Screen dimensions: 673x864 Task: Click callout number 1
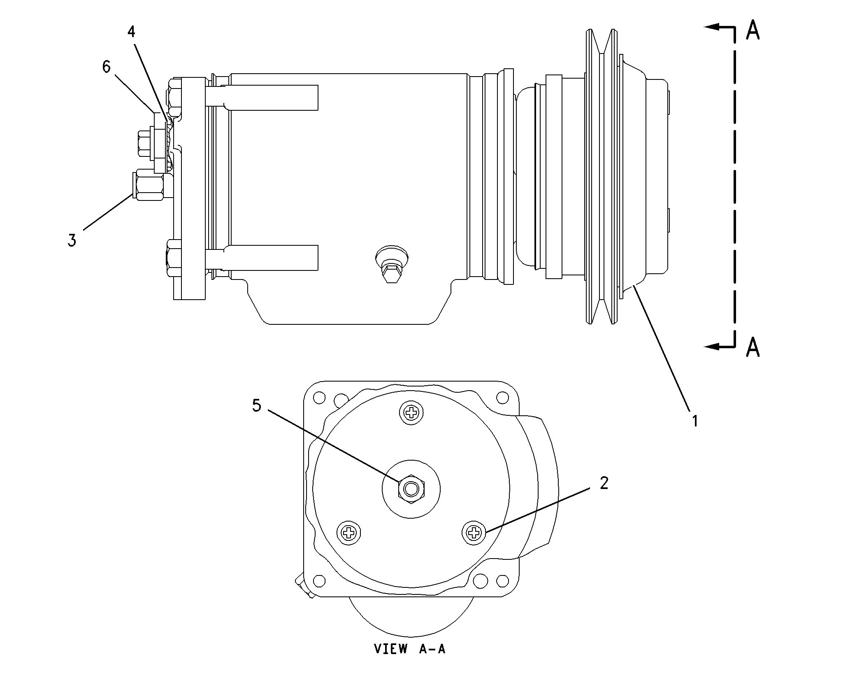694,421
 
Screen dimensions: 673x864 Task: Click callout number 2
604,483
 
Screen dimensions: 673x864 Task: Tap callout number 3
72,240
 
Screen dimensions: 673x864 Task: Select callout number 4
131,32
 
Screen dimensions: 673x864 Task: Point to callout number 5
256,405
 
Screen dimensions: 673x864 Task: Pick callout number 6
107,67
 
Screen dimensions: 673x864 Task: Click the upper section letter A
753,30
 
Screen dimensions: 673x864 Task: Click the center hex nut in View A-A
411,489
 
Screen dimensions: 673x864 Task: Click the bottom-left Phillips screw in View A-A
349,533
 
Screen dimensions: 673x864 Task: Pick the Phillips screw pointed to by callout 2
474,533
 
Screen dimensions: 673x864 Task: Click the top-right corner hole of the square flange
502,398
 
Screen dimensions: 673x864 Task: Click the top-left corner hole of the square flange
319,398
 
